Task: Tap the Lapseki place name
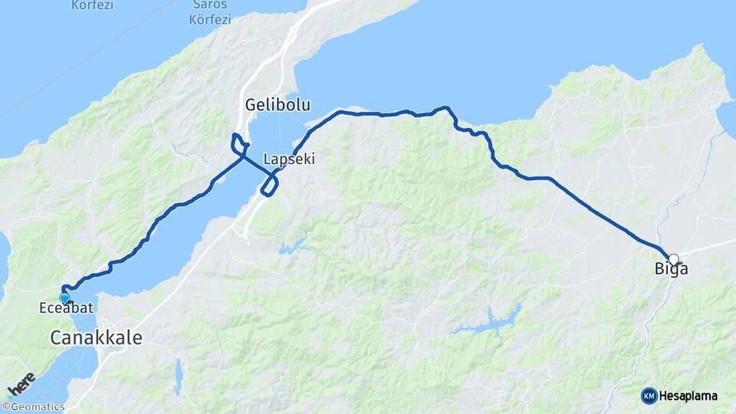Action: pos(289,159)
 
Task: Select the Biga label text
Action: pos(671,270)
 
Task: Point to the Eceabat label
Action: pos(65,308)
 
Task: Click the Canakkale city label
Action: pos(97,337)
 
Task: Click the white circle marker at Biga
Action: pos(673,259)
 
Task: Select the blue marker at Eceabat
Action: pos(64,297)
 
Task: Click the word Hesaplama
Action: pos(688,396)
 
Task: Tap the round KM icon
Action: pos(649,396)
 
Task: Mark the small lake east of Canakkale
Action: pos(179,376)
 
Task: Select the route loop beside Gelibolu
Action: pos(239,143)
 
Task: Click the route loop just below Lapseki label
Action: pos(269,185)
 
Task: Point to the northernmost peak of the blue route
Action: pos(444,107)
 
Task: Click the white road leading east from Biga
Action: pos(709,247)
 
